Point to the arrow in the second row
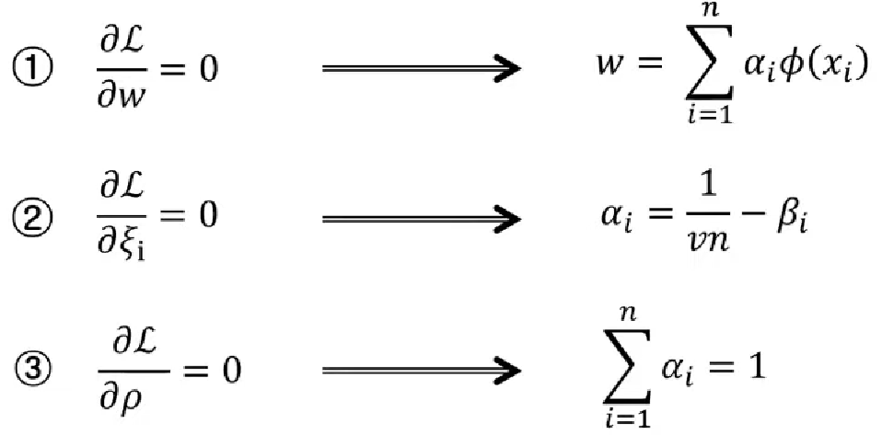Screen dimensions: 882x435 click(x=420, y=220)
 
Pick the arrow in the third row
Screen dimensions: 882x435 click(x=420, y=372)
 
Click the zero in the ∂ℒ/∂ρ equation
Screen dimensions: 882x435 click(x=231, y=372)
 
